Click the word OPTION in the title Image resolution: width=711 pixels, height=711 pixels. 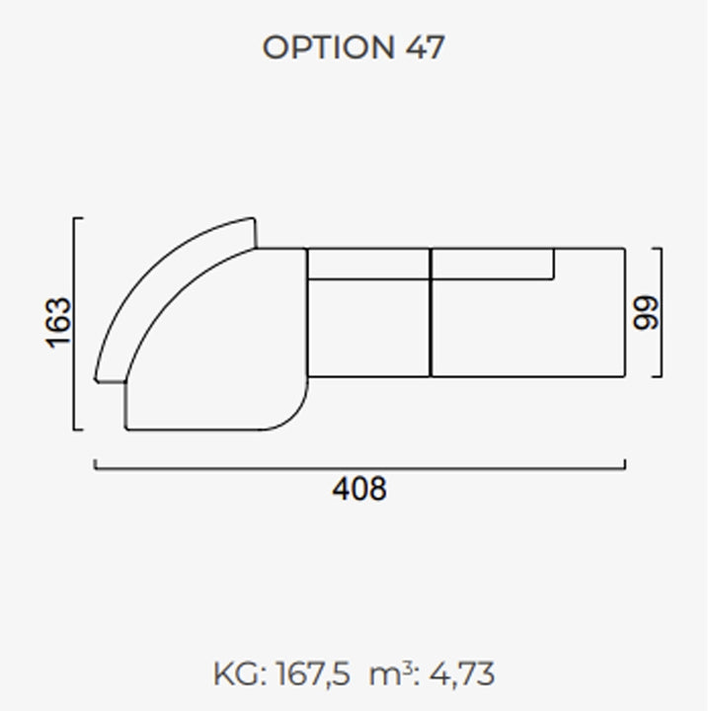click(x=328, y=47)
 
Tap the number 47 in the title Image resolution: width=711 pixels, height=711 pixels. click(x=425, y=47)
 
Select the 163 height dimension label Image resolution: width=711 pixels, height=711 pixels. click(x=59, y=323)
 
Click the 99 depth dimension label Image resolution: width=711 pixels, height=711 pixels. click(x=646, y=312)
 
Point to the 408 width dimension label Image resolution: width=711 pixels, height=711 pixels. click(x=359, y=489)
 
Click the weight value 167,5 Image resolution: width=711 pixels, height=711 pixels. click(x=313, y=673)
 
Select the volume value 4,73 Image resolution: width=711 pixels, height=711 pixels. click(x=461, y=673)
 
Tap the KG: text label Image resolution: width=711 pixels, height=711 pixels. click(x=240, y=673)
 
